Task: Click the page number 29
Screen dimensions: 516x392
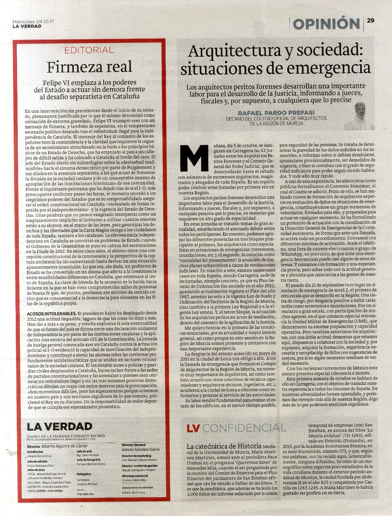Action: (371, 20)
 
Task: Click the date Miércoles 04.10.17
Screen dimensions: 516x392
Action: (34, 21)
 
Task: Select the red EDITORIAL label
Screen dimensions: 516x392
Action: (89, 50)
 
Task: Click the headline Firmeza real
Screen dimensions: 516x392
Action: (89, 67)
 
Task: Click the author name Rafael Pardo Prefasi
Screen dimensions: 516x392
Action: (276, 113)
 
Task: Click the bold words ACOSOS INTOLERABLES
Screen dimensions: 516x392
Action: (51, 313)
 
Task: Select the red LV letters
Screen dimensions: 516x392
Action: (193, 428)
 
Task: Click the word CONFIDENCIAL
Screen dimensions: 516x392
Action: (247, 428)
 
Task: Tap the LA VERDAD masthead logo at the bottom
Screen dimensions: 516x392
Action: (60, 427)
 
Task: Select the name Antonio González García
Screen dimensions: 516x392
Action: (141, 449)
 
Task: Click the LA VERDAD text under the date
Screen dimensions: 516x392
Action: (27, 26)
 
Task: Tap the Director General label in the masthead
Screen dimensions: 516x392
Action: (134, 445)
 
